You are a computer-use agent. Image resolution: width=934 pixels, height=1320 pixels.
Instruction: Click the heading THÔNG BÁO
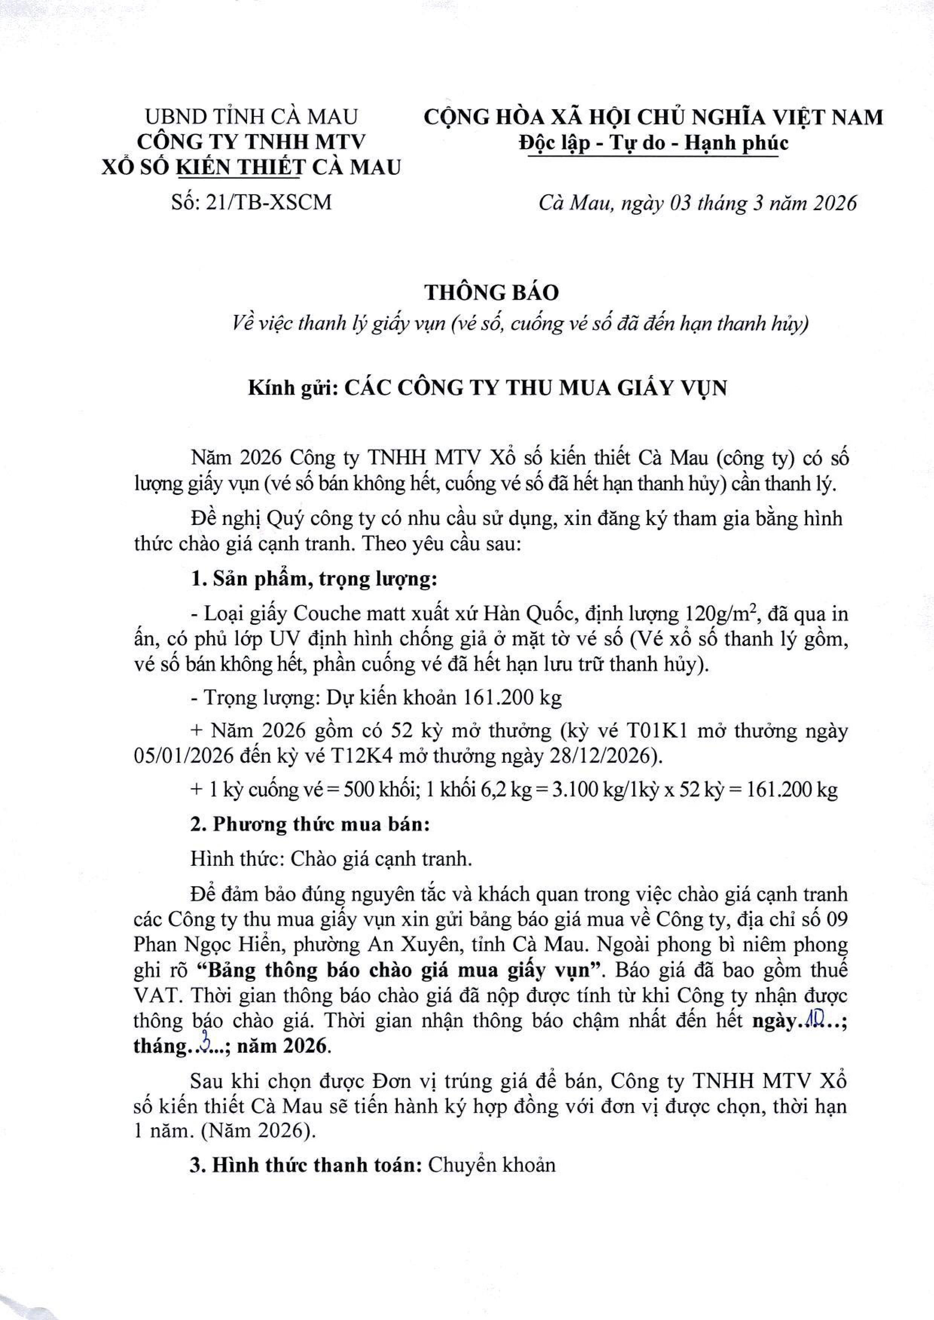pyautogui.click(x=492, y=292)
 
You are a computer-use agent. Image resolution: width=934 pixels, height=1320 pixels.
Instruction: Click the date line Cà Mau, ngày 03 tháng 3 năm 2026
pyautogui.click(x=697, y=203)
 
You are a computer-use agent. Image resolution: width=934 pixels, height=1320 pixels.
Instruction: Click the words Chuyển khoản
pyautogui.click(x=492, y=1165)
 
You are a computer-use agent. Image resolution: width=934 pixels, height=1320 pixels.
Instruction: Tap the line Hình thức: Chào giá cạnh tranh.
pyautogui.click(x=331, y=859)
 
